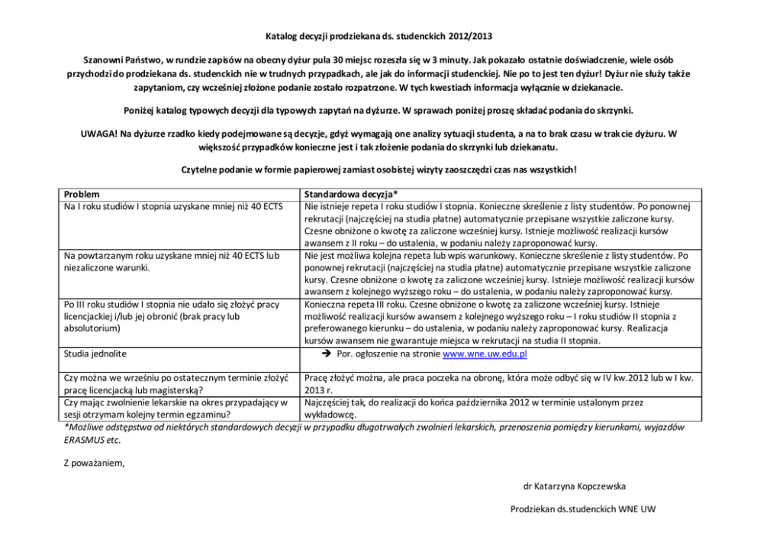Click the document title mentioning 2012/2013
[x=378, y=36]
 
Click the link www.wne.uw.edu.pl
[x=485, y=354]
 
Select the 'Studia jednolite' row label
[x=95, y=354]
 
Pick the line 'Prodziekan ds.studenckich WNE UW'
[x=583, y=509]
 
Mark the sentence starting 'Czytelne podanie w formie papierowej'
[x=378, y=169]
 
